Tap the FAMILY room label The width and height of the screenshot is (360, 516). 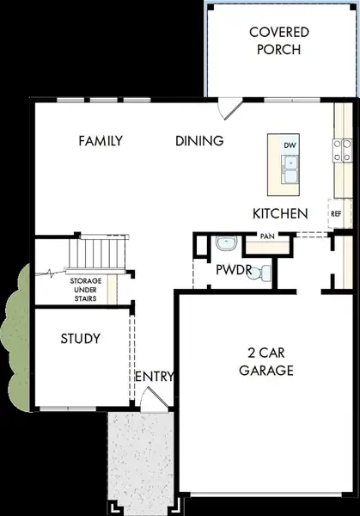100,141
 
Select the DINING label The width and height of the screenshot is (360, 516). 199,141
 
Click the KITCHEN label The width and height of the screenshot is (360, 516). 280,212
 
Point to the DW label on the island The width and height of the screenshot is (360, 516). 290,145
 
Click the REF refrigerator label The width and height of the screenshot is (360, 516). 336,213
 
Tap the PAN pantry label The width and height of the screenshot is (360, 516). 266,236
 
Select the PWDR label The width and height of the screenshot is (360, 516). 232,270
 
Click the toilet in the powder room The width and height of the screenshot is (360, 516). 266,273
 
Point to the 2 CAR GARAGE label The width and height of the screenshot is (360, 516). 265,361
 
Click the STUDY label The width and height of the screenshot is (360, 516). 81,338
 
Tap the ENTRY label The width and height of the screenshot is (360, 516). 155,377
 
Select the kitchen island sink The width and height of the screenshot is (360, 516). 289,172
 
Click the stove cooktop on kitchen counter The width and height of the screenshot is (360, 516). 343,150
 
